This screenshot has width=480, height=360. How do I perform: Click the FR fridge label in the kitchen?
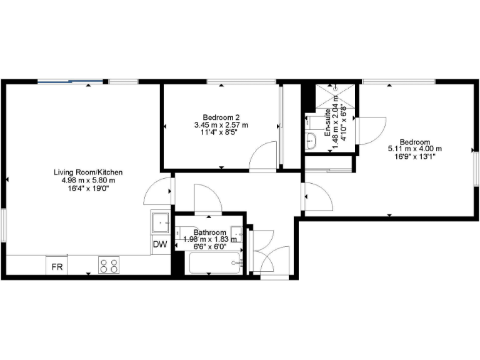[57, 267]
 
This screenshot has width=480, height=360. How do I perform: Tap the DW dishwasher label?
[160, 244]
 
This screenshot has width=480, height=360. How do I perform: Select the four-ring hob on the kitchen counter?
[109, 266]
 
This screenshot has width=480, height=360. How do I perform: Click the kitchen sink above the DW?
[161, 221]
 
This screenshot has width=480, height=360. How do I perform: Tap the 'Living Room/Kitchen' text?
[88, 172]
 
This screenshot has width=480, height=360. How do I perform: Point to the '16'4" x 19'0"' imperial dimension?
[88, 188]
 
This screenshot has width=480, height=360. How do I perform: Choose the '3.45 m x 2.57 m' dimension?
[221, 125]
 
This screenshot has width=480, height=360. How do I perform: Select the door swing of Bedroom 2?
[263, 156]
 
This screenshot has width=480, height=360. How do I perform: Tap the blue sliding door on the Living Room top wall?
[71, 81]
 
